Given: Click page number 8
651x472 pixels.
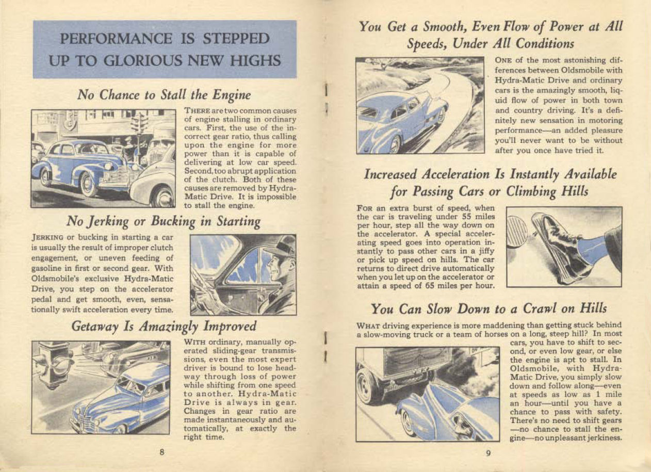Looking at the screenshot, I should tap(161, 452).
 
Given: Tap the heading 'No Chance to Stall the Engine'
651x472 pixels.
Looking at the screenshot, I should tap(164, 95).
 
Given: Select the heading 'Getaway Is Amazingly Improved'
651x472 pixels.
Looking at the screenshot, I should tap(164, 327).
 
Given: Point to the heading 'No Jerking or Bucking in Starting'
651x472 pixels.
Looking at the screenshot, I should tap(164, 222).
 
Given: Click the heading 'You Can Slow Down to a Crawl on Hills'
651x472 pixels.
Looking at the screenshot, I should tap(489, 309).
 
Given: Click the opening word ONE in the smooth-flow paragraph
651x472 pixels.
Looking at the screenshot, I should tap(503, 61).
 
